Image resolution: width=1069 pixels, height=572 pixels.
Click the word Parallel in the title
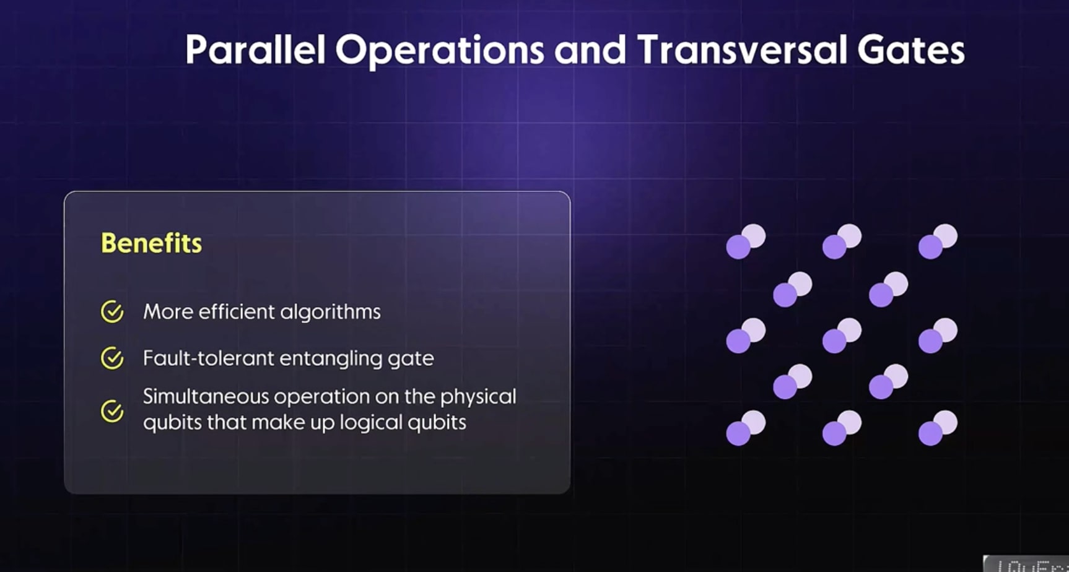coord(255,50)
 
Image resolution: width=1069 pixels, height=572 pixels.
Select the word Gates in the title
coord(910,50)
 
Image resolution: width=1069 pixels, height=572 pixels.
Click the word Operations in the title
coord(439,50)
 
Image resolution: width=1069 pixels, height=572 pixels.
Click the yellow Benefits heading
coord(151,243)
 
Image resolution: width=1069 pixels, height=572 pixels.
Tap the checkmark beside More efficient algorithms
coord(112,311)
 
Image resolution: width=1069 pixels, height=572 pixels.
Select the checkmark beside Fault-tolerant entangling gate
coord(112,358)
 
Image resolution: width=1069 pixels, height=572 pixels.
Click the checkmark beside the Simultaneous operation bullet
coord(112,410)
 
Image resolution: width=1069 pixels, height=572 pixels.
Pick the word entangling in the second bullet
coord(331,358)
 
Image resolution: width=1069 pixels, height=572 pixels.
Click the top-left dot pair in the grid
coord(745,241)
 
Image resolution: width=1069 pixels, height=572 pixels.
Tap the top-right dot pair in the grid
coord(937,241)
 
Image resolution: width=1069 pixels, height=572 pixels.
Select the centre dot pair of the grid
coord(841,336)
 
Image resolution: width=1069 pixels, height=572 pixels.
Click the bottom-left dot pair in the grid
coord(745,428)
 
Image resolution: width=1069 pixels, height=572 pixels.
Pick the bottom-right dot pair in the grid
coord(937,428)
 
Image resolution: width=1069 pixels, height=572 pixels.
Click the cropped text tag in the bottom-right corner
coord(1026,564)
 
